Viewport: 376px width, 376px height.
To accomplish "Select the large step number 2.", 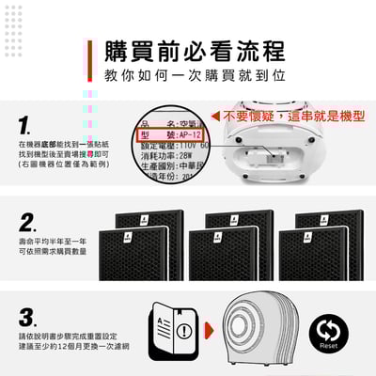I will coord(28,223).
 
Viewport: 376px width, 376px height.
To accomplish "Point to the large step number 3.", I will coord(28,317).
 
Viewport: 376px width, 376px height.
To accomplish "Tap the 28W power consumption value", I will coord(190,157).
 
